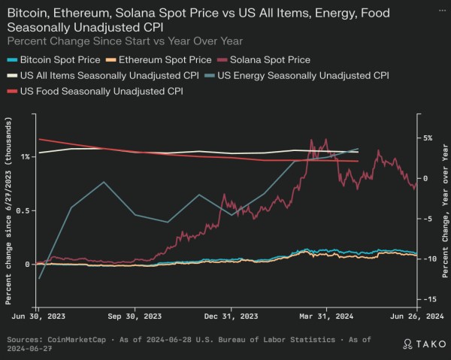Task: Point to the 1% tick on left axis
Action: click(26, 156)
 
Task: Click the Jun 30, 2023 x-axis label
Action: click(38, 316)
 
